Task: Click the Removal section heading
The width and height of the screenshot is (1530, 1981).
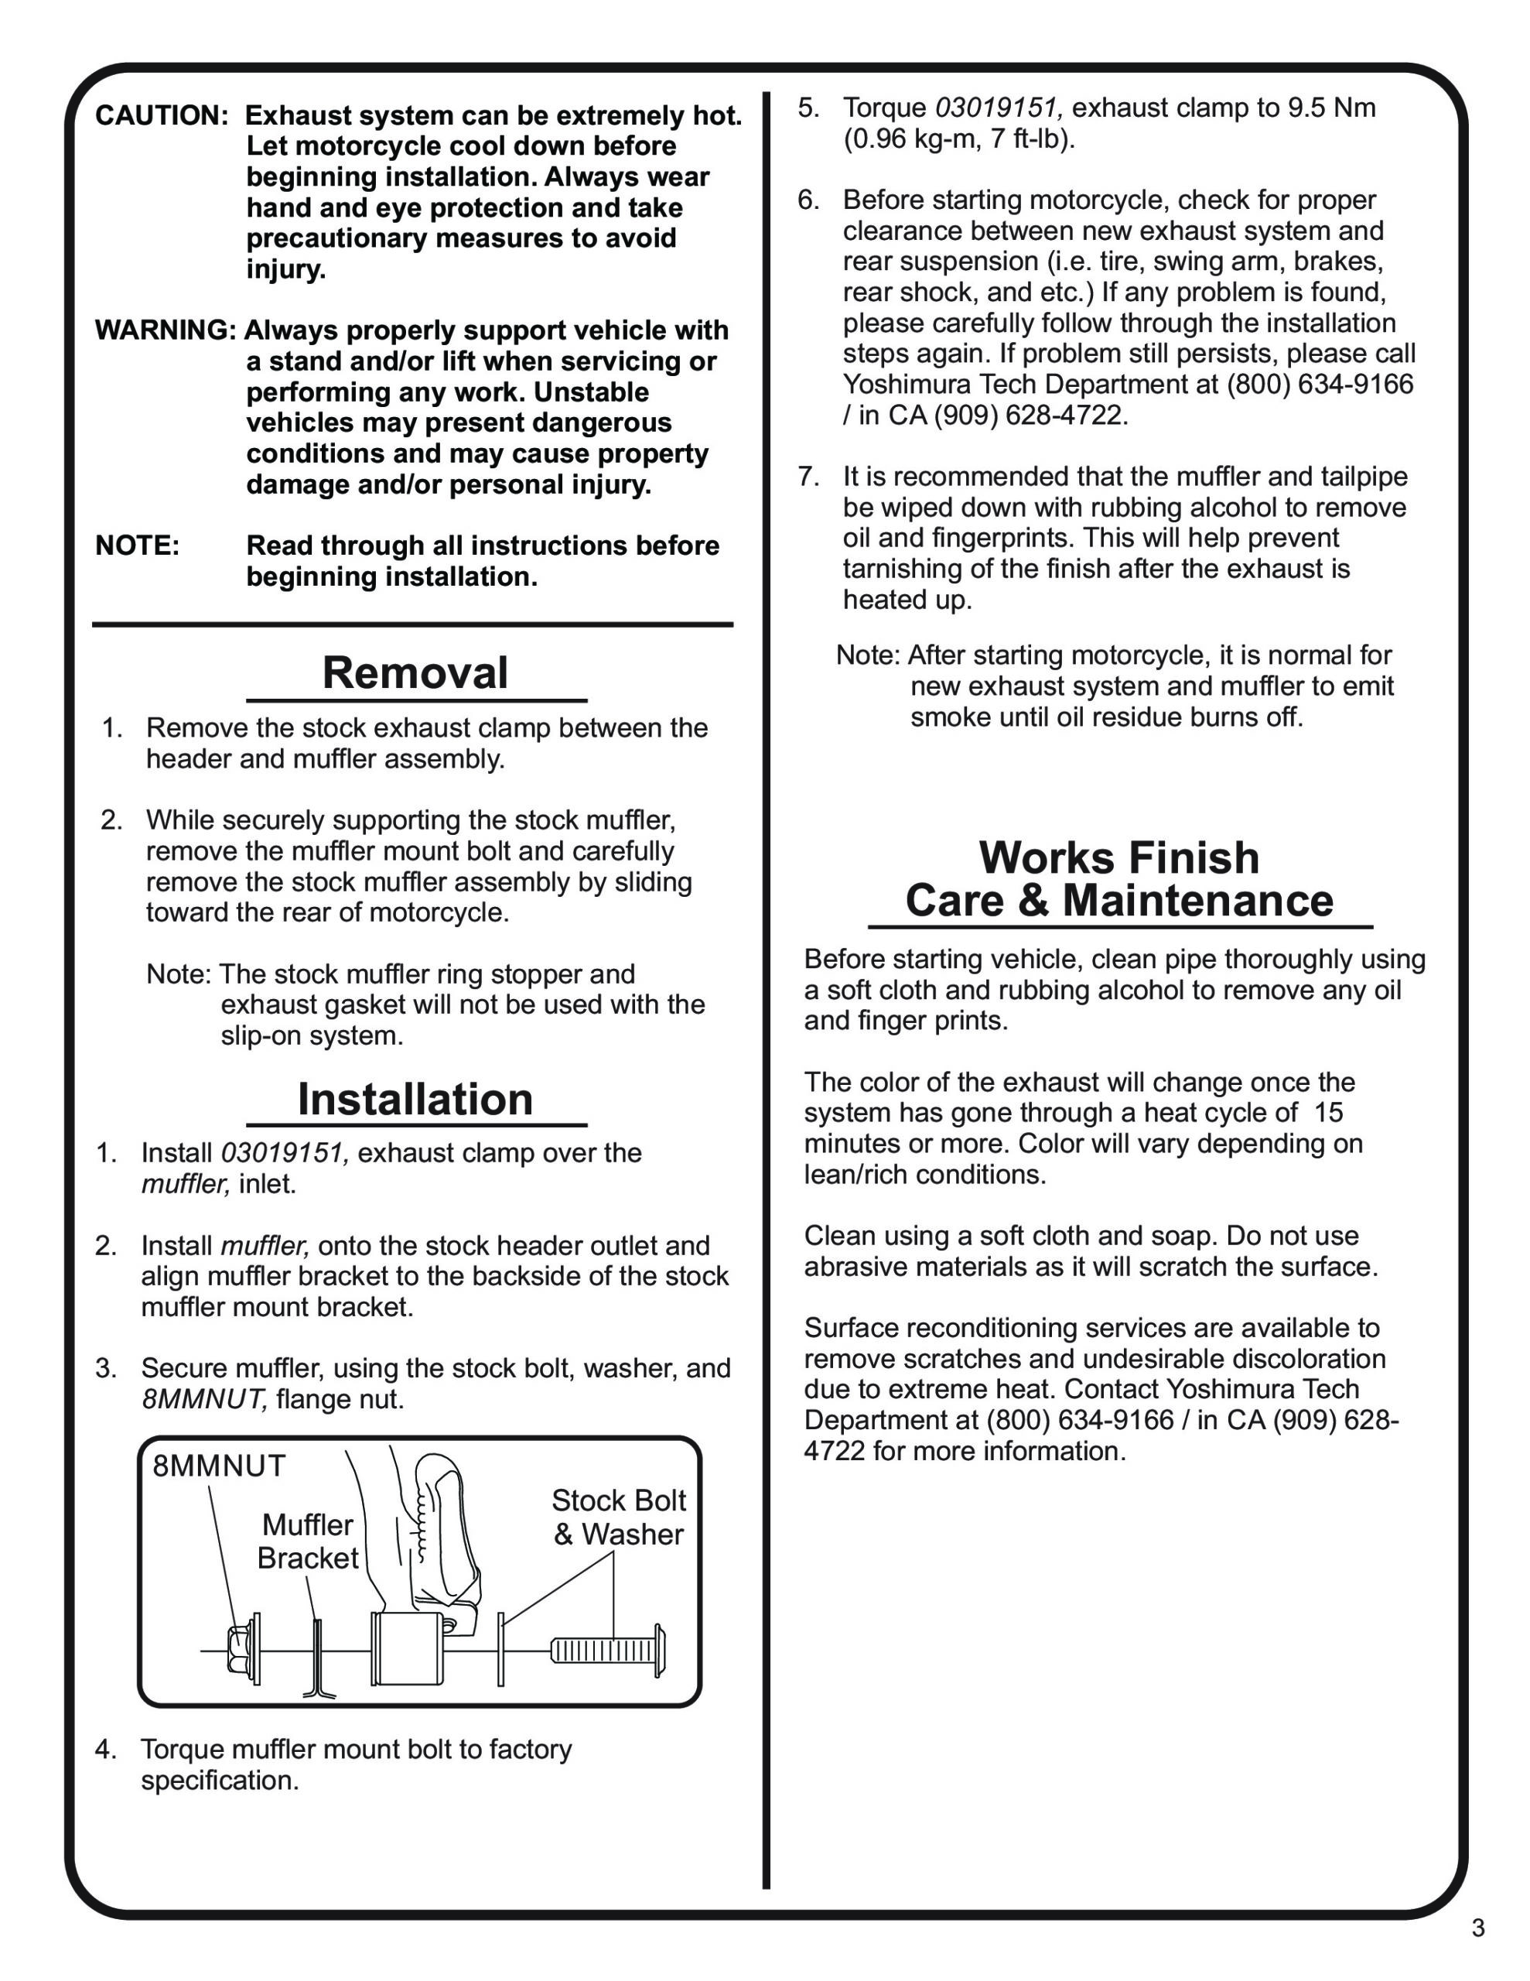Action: click(x=415, y=674)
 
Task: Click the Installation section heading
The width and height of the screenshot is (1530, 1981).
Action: click(x=415, y=1100)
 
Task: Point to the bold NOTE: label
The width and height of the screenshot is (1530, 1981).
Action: click(x=137, y=546)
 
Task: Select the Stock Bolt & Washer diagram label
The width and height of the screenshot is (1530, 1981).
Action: click(x=619, y=1517)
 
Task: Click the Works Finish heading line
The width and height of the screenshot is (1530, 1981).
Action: click(x=1118, y=858)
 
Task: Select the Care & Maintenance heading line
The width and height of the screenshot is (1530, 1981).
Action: click(x=1118, y=902)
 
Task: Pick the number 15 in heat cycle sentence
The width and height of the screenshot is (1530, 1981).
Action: click(x=1328, y=1113)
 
